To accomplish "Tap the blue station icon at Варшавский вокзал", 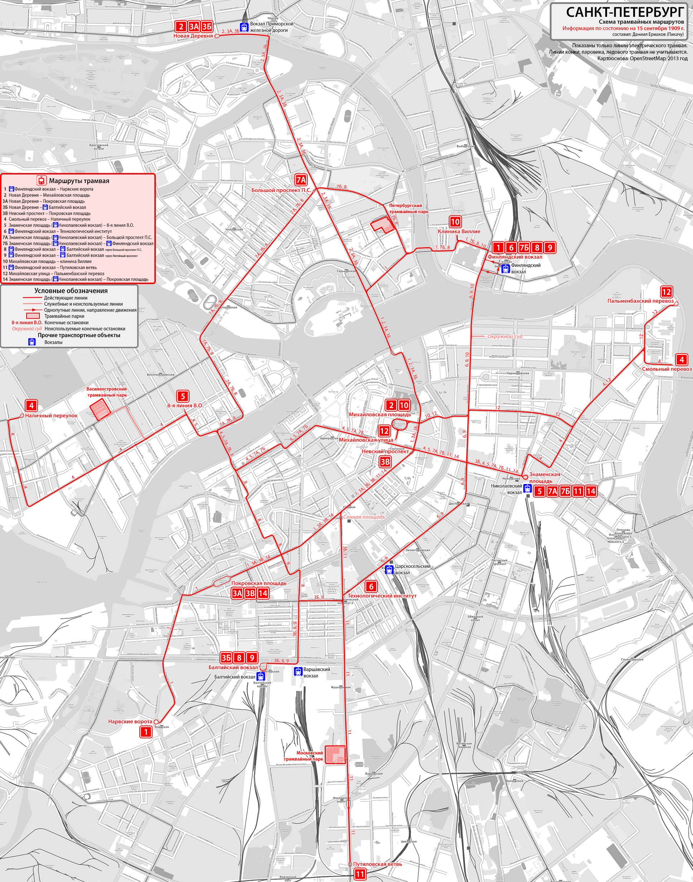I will tap(298, 671).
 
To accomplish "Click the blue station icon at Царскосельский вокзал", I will tap(389, 570).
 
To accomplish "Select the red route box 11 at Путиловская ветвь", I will tap(360, 874).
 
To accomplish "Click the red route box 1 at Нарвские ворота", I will tap(146, 732).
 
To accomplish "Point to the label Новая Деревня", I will tap(193, 36).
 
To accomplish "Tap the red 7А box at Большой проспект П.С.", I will tap(300, 180).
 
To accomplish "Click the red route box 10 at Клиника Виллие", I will tap(455, 222).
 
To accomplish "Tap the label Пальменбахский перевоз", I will tap(640, 301).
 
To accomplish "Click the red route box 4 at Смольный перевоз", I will tap(682, 359).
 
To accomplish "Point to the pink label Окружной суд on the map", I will tap(505, 336).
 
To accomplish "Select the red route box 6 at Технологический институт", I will tap(371, 586).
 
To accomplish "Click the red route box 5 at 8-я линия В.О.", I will tap(183, 396).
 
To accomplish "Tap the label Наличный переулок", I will tap(51, 416).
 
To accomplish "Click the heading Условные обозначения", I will tap(71, 291).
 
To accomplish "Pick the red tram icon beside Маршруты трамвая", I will tap(41, 181).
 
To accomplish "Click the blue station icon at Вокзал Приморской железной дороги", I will tap(244, 27).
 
